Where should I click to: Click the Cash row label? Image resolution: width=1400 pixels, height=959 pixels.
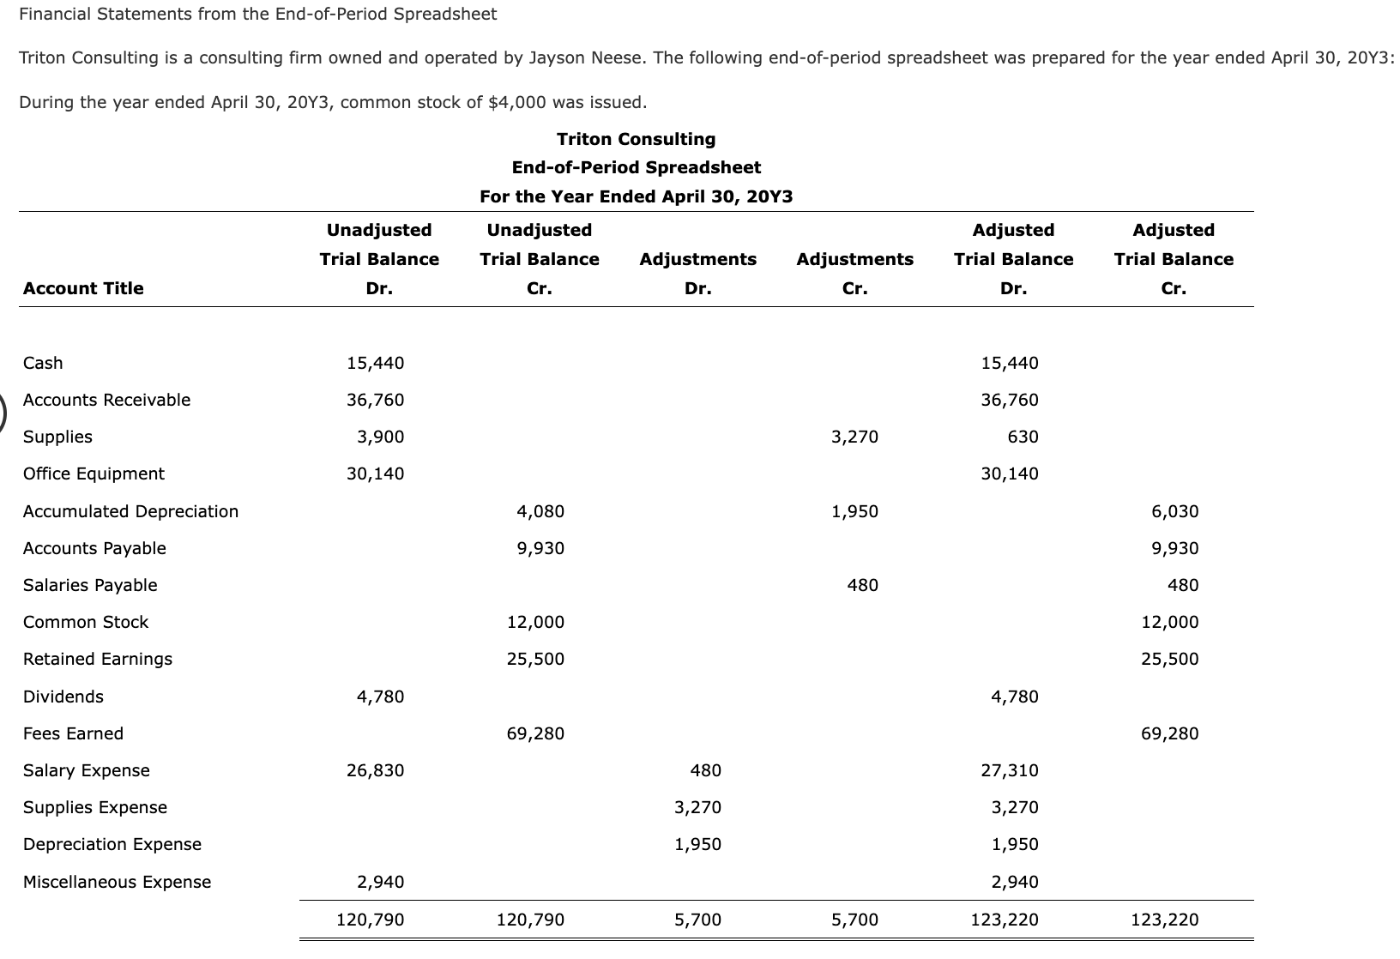click(43, 363)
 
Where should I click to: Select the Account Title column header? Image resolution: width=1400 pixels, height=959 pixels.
click(83, 288)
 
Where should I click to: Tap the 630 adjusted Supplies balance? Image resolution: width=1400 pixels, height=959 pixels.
click(1023, 437)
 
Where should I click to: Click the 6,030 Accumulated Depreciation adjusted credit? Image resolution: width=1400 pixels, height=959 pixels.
click(1174, 511)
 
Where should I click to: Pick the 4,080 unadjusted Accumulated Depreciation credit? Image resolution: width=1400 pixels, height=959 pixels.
click(540, 511)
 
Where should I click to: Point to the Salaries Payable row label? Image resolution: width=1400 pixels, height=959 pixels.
click(90, 585)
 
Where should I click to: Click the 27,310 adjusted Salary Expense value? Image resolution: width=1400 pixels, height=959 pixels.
click(1010, 770)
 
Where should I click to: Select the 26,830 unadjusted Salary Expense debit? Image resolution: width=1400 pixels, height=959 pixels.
click(375, 770)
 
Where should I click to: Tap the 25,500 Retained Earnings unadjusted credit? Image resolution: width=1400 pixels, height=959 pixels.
click(535, 659)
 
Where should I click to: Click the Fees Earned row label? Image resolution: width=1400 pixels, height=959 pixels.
click(73, 733)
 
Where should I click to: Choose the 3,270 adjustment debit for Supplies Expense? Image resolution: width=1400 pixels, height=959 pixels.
click(697, 807)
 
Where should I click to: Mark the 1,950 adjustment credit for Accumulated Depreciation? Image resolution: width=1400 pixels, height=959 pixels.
click(854, 511)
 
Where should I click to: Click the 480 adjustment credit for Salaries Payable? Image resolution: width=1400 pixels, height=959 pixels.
click(862, 585)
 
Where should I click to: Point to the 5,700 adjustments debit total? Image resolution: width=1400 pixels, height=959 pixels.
click(697, 920)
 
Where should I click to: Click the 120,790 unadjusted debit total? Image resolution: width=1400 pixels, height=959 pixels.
click(370, 920)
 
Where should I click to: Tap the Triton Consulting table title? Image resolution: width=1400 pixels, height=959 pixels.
click(636, 139)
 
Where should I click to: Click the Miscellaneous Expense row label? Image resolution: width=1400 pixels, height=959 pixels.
click(117, 882)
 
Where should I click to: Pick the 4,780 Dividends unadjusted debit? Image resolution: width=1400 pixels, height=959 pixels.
click(380, 697)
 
